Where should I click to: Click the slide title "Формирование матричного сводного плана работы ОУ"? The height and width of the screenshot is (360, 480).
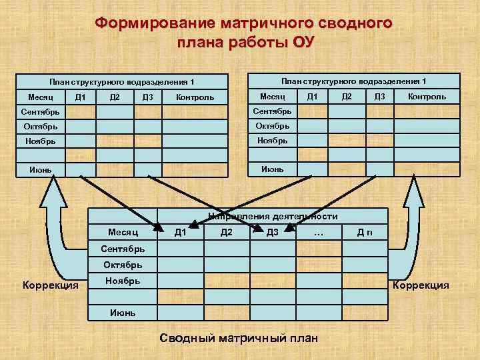tap(243, 33)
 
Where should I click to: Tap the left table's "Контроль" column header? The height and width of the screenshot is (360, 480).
tap(195, 98)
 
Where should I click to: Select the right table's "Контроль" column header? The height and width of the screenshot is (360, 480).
tap(427, 97)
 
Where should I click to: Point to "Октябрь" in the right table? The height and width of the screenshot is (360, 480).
tap(273, 125)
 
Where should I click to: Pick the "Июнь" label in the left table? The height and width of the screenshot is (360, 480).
tap(41, 169)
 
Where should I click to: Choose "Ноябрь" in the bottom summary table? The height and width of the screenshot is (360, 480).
tap(123, 281)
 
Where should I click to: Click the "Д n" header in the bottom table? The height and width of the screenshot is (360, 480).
tap(365, 232)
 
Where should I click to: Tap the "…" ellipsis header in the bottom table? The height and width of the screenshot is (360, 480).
tap(318, 232)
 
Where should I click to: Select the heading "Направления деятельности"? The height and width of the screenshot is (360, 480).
tap(273, 216)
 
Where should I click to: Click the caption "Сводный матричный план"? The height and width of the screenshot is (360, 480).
tap(239, 338)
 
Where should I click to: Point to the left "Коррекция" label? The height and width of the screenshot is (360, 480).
tap(51, 286)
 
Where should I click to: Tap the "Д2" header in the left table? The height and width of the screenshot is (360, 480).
tap(114, 98)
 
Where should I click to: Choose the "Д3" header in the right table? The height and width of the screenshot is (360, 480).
tap(379, 97)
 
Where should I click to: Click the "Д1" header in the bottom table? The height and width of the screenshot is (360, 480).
tap(180, 232)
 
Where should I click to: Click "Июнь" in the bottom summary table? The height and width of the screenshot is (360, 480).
tap(123, 312)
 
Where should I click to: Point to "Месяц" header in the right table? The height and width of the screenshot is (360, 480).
tap(273, 97)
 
